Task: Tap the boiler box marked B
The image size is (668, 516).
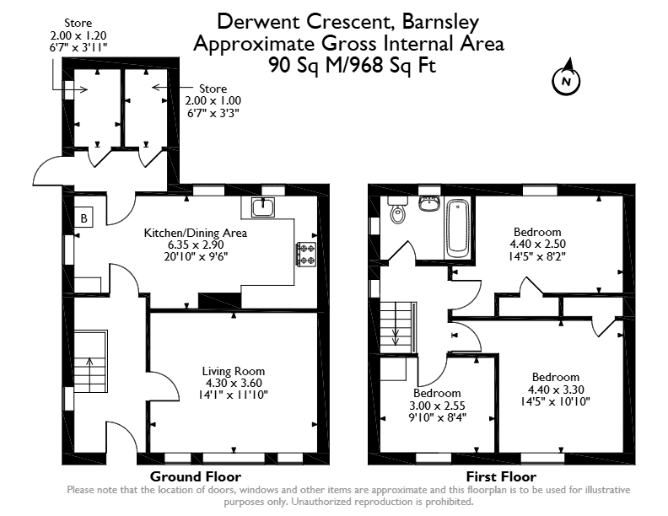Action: [84, 218]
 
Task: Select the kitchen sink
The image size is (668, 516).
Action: [263, 207]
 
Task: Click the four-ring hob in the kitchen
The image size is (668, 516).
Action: [306, 255]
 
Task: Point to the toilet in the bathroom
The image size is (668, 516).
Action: [398, 210]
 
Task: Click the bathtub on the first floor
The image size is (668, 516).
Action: [458, 228]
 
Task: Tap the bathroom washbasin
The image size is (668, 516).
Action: [430, 203]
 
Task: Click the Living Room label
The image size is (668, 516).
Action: [234, 371]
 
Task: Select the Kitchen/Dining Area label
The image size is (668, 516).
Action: [196, 233]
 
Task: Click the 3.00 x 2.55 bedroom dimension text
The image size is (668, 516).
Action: [437, 406]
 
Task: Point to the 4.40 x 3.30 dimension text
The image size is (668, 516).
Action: [556, 390]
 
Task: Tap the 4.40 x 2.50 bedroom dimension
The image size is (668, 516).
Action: [537, 244]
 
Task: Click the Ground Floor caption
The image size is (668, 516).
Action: [196, 476]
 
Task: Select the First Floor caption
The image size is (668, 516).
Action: [501, 476]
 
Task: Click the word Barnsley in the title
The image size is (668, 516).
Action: [441, 22]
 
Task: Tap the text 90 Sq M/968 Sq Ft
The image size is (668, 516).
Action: [353, 66]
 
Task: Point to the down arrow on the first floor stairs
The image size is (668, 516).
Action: [396, 335]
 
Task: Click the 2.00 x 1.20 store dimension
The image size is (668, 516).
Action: [78, 35]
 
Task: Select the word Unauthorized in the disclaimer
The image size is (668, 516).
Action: [322, 502]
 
